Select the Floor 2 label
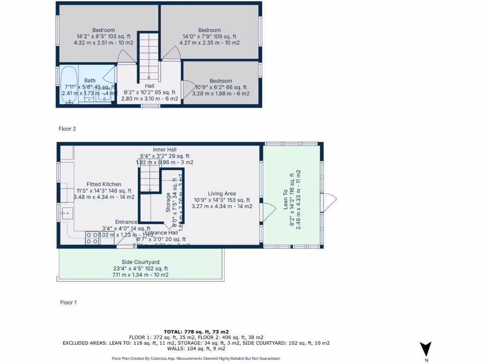[67, 128]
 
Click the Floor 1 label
[68, 302]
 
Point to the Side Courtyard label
[140, 262]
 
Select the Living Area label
[222, 193]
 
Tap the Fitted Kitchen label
[103, 184]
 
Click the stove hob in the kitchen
[93, 238]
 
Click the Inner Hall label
[165, 149]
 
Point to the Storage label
[168, 202]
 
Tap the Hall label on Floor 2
[150, 86]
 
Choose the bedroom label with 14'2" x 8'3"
[103, 30]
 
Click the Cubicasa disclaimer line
[196, 359]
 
